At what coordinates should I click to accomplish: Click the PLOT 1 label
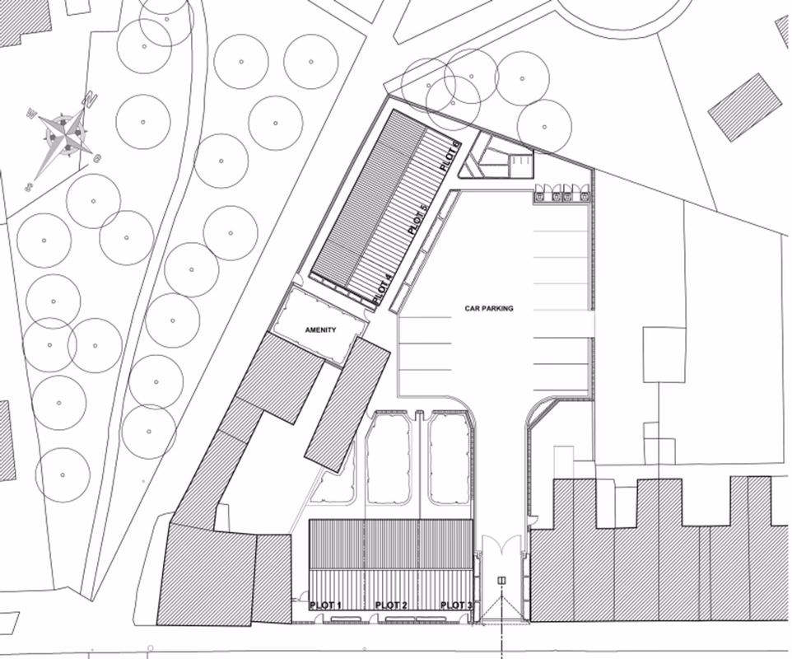(x=325, y=605)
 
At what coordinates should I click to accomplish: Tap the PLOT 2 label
(x=391, y=605)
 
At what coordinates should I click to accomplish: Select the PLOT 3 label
(x=457, y=605)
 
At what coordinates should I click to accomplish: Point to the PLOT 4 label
(x=381, y=290)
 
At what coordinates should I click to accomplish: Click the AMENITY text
(x=321, y=330)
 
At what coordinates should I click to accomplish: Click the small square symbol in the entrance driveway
(x=501, y=581)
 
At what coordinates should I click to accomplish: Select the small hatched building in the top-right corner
(x=745, y=107)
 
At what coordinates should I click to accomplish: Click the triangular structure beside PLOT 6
(x=476, y=160)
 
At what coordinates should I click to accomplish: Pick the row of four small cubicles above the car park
(x=563, y=194)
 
